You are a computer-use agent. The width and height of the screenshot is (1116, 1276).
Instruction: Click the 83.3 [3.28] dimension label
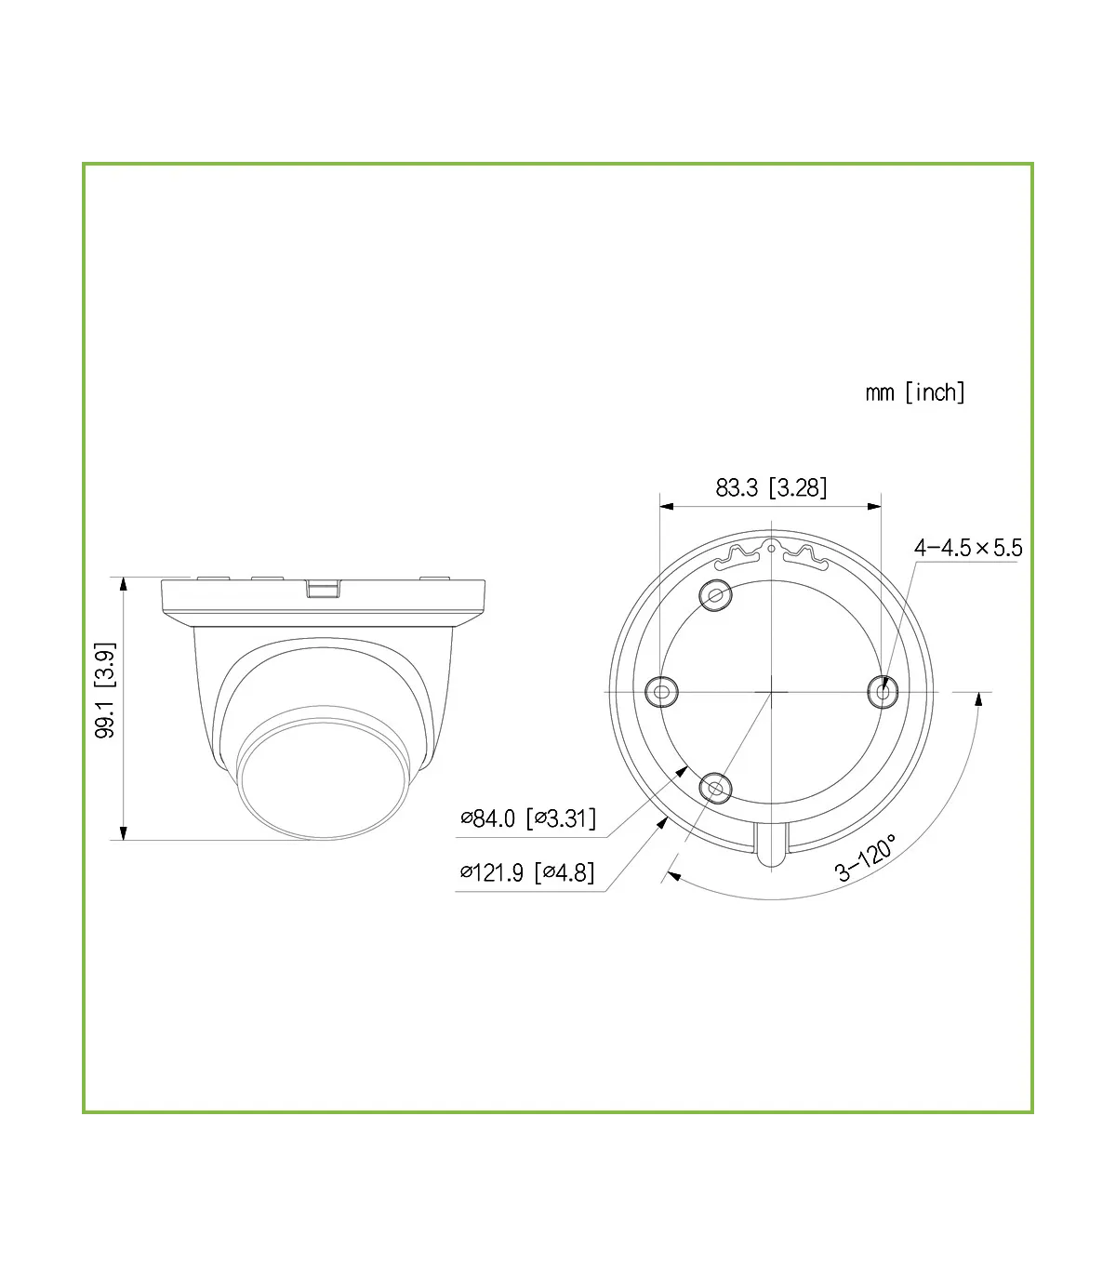771,487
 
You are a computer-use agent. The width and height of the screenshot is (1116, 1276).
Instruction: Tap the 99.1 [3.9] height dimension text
105,690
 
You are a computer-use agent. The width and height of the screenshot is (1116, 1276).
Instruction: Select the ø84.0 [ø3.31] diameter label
528,818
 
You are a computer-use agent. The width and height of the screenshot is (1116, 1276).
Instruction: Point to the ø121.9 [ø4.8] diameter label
526,872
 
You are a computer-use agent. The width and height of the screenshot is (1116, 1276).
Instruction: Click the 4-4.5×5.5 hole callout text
968,548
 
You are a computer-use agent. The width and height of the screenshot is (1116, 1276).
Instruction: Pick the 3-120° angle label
866,857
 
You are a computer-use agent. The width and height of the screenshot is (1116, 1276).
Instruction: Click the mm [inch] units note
914,392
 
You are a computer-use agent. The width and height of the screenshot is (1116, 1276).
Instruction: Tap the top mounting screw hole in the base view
716,595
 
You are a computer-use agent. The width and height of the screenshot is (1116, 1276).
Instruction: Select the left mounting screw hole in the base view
661,691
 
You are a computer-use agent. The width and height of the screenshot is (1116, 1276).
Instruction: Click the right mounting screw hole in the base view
883,692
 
